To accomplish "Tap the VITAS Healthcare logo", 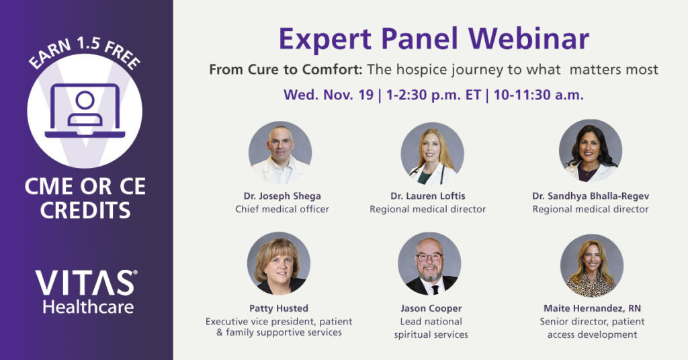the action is click(x=86, y=291).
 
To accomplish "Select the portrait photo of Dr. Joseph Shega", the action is click(x=280, y=152).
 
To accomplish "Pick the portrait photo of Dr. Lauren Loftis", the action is click(x=432, y=154).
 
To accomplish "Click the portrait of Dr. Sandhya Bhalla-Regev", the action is click(x=591, y=151).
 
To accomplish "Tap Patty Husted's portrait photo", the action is click(x=279, y=263).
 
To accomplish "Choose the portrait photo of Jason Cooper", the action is click(x=429, y=263).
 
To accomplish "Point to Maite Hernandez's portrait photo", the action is click(x=592, y=265).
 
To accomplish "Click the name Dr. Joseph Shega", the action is click(x=282, y=196).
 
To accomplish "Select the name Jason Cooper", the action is click(x=431, y=308).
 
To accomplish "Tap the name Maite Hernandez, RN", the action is click(x=593, y=309).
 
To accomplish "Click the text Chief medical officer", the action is click(x=282, y=209).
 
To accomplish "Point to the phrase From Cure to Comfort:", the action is click(x=286, y=70).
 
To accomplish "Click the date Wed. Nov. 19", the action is click(x=329, y=95).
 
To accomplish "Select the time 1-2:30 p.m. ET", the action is click(x=433, y=95).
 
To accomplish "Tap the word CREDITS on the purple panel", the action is click(x=85, y=210).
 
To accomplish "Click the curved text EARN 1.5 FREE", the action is click(x=85, y=52).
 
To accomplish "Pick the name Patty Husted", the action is click(x=279, y=308).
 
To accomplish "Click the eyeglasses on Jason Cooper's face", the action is click(x=429, y=257).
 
